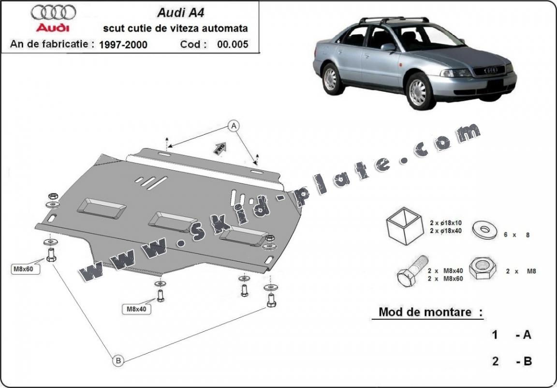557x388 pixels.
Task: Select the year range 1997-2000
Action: [123, 45]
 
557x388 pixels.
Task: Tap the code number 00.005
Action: [233, 45]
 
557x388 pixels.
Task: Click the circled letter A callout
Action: [234, 126]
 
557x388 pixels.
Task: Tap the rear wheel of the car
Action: [330, 79]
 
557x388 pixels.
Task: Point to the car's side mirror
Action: [388, 47]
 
